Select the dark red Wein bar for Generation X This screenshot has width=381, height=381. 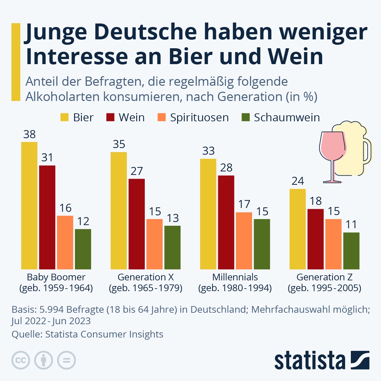tap(137, 224)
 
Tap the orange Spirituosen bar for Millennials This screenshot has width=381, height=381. tap(244, 241)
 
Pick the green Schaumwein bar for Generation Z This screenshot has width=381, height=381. tap(351, 251)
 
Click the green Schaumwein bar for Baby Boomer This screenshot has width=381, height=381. tap(83, 249)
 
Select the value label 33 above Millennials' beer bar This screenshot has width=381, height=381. tap(208, 151)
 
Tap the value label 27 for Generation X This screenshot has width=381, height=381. tap(137, 171)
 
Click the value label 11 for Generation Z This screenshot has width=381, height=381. tap(351, 225)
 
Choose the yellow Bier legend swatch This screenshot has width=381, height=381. tap(64, 117)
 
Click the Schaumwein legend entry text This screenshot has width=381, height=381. tap(287, 117)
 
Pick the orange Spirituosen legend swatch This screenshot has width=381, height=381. tap(162, 117)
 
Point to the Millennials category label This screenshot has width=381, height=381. tap(235, 277)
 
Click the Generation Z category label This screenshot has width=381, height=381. tap(324, 277)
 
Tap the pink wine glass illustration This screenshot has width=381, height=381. tap(333, 149)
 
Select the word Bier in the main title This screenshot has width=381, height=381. tap(190, 57)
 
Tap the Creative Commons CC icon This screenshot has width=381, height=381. tap(21, 360)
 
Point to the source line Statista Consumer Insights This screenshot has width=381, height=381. tap(87, 334)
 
